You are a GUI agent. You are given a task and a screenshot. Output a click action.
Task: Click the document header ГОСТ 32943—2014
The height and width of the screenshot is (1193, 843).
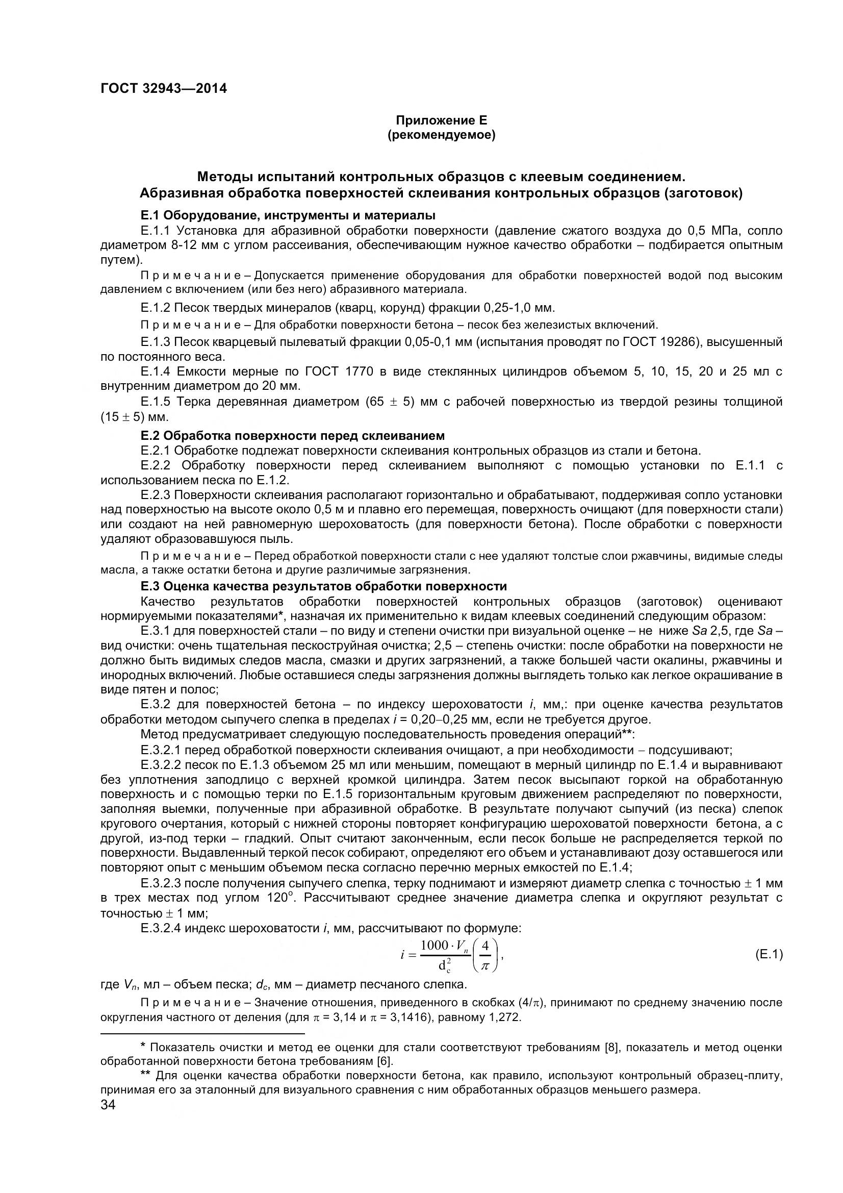coord(164,88)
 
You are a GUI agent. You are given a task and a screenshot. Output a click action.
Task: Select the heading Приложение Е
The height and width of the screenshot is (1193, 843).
coord(442,120)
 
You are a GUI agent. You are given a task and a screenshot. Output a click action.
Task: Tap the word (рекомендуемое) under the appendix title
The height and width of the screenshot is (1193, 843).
coord(442,136)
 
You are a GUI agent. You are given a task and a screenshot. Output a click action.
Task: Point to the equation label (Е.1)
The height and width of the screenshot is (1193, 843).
coord(768,954)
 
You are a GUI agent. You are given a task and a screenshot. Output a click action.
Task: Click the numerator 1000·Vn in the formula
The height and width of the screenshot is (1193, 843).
coord(445,946)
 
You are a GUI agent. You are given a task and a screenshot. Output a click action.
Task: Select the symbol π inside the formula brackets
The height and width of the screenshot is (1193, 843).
coord(484,964)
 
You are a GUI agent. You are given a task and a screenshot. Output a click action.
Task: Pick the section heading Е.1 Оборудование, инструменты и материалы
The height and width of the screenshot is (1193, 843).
coord(288,215)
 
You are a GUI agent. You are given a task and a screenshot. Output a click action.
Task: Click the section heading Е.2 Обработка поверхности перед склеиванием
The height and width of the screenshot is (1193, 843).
coord(292,435)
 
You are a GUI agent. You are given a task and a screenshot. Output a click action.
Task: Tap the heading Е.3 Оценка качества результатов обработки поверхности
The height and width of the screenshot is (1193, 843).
coord(324,586)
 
